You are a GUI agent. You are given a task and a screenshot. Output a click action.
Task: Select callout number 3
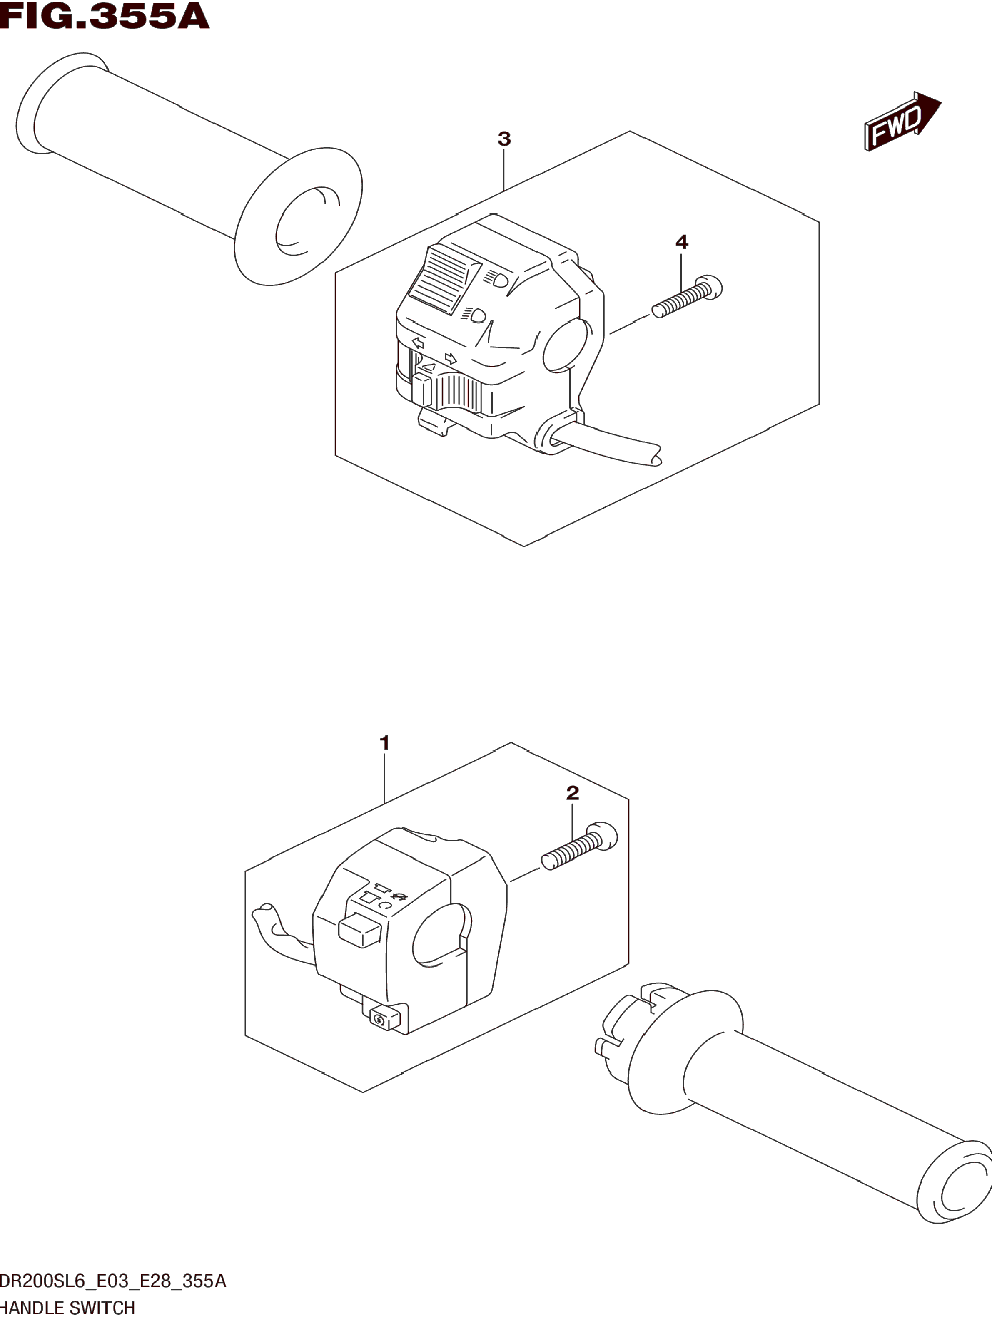[x=504, y=139]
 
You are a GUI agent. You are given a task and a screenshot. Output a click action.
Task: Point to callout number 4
[x=681, y=242]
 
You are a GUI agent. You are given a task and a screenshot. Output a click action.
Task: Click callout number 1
[x=384, y=743]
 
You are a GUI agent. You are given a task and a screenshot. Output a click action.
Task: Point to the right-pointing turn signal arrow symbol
[x=451, y=358]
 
